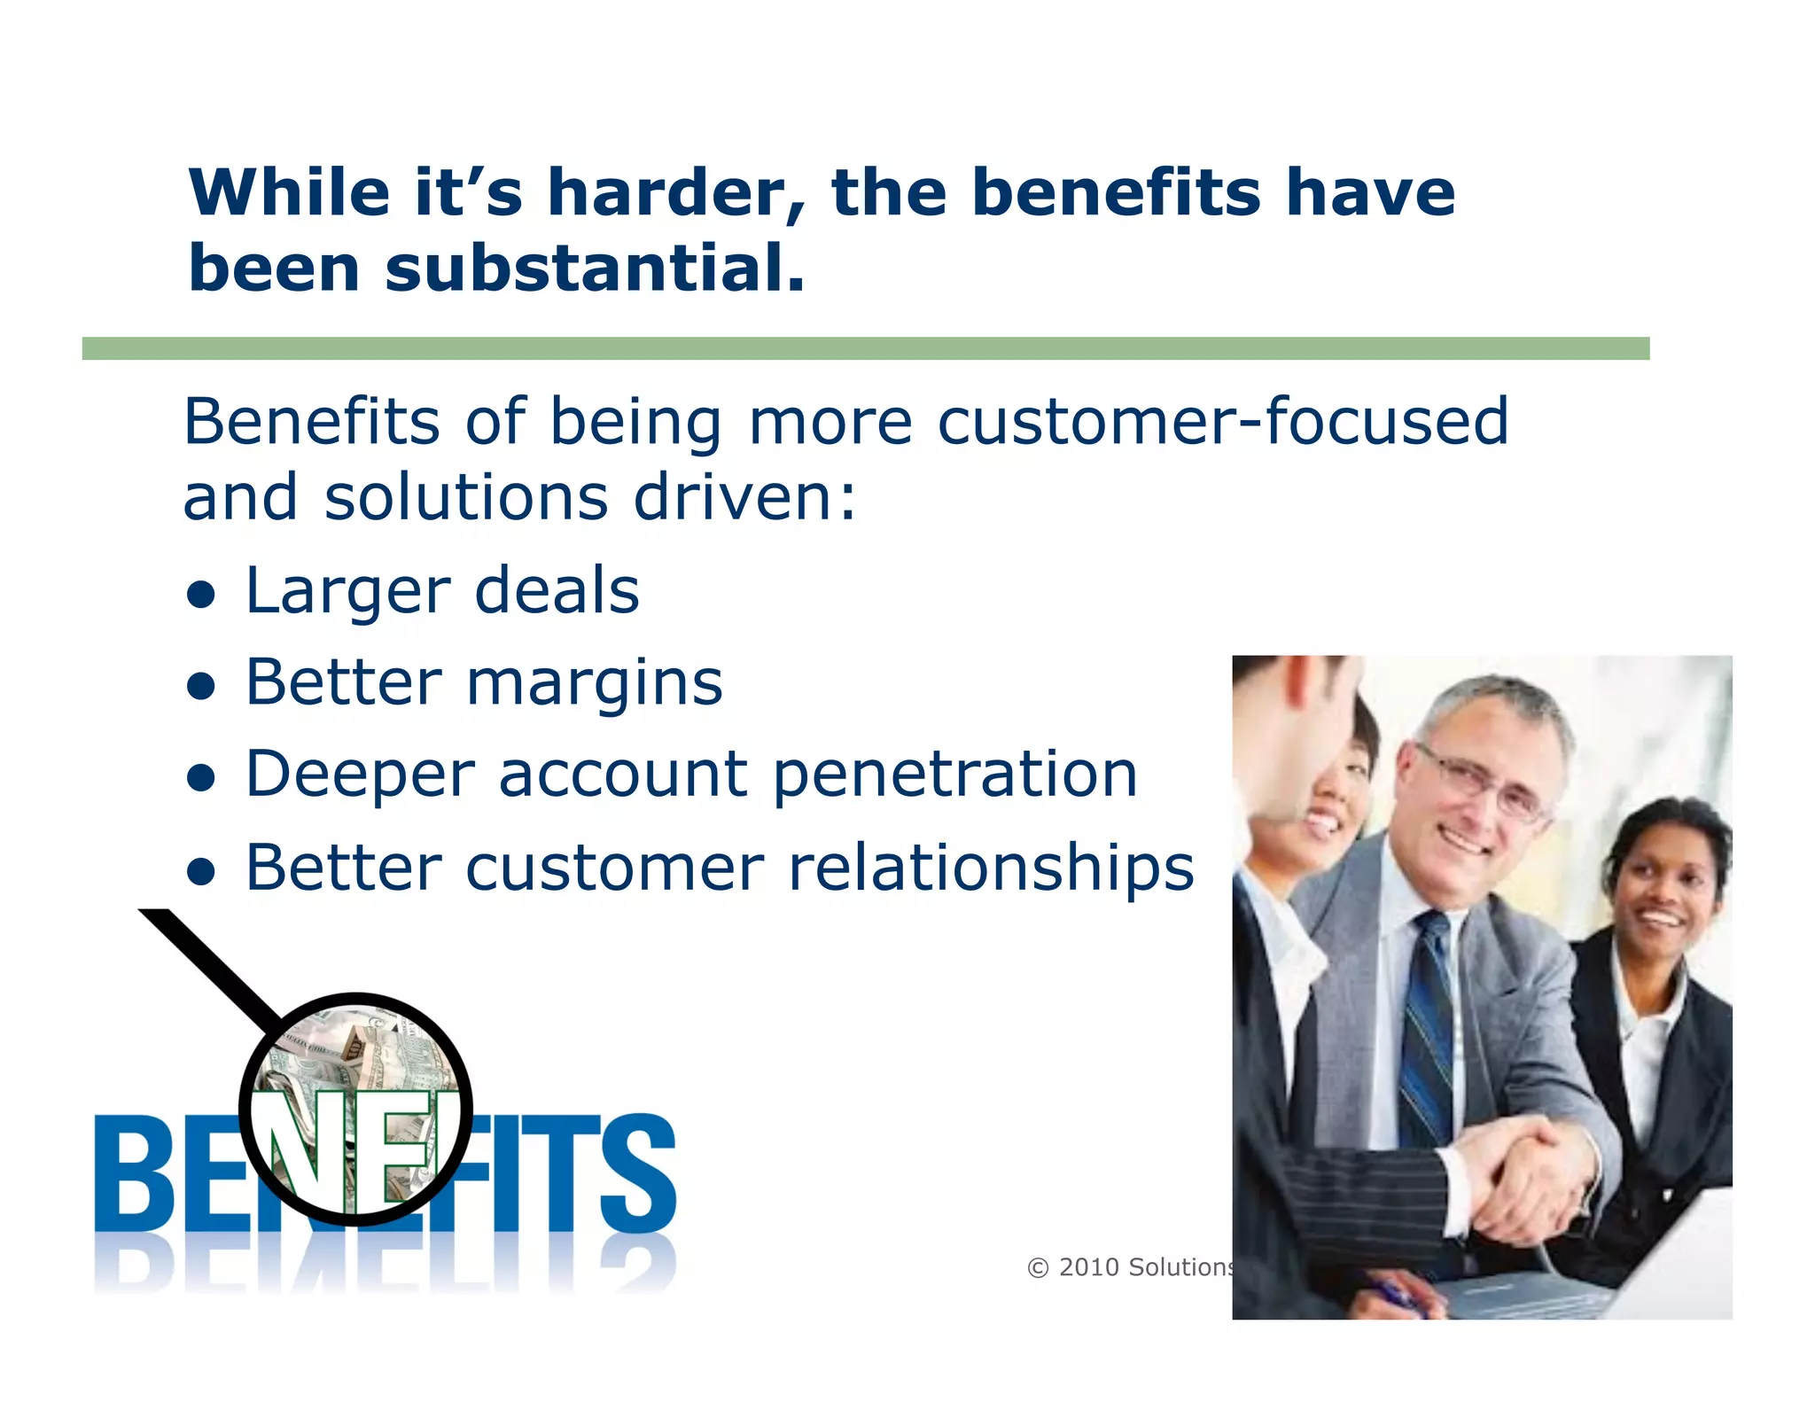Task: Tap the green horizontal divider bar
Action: click(865, 348)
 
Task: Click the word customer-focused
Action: click(1222, 421)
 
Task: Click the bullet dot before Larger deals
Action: click(202, 595)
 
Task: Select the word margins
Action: click(595, 685)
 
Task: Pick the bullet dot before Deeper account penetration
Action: click(202, 777)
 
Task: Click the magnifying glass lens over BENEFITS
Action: click(356, 1108)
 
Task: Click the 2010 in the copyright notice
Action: click(1088, 1267)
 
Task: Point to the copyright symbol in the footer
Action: click(1037, 1268)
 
